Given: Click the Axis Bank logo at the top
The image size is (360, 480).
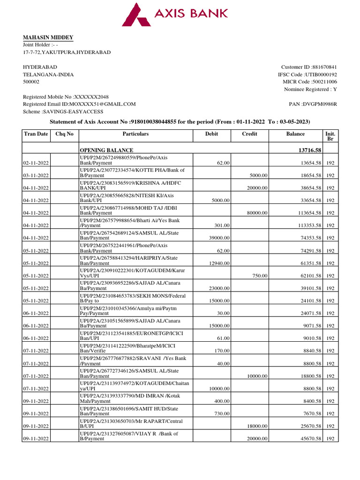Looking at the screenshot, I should [x=175, y=15].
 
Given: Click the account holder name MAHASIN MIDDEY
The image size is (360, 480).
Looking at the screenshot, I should [x=48, y=37].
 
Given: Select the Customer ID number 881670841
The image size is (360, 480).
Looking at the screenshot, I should [x=322, y=67].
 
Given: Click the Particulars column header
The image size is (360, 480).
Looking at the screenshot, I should [x=135, y=134].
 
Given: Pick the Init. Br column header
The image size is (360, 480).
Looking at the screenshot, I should [x=330, y=136].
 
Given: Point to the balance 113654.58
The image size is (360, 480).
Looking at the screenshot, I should [x=307, y=213].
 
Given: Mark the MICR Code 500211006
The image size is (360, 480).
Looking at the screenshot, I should [x=321, y=82].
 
